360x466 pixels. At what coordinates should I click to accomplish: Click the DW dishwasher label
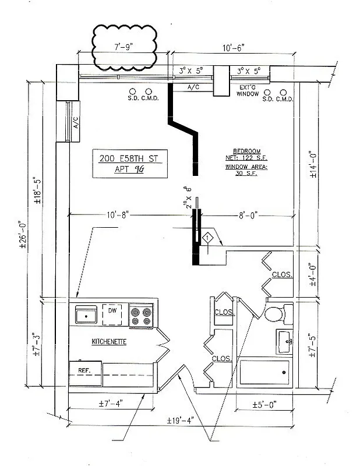click(113, 312)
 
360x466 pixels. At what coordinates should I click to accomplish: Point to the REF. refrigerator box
click(85, 369)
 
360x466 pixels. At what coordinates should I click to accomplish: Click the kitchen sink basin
click(86, 315)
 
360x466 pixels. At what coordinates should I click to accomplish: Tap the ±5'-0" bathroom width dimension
click(264, 404)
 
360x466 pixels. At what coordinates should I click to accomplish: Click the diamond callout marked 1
click(207, 238)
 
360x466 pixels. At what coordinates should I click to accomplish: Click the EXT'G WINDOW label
click(248, 90)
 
